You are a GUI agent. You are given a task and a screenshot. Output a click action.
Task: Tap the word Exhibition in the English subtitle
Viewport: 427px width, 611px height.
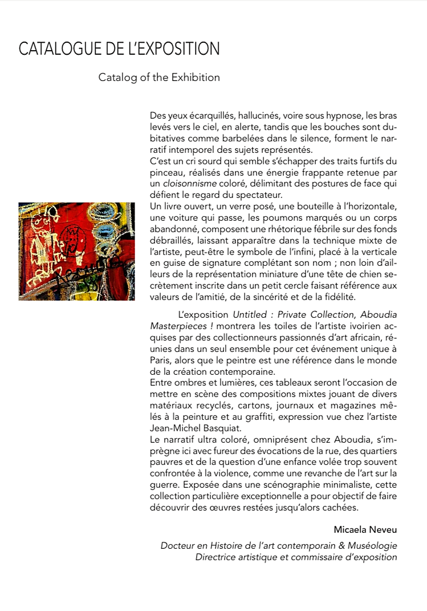(196, 77)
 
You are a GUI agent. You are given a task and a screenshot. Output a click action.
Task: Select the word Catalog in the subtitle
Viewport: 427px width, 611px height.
(117, 77)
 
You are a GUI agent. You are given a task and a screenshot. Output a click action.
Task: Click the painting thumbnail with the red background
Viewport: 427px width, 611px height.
(76, 251)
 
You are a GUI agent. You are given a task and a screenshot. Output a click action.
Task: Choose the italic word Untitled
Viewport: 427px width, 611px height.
(253, 314)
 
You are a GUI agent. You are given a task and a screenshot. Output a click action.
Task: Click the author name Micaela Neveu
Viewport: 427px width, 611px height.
(365, 530)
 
